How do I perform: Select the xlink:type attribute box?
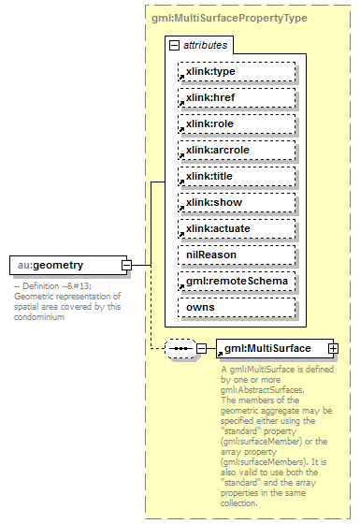click(x=237, y=71)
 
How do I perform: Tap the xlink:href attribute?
click(x=237, y=97)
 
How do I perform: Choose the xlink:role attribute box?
click(x=237, y=124)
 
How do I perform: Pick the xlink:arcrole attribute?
click(x=237, y=150)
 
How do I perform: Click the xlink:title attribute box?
click(x=237, y=176)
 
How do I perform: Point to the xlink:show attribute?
click(x=237, y=202)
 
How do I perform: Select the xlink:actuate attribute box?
click(x=237, y=228)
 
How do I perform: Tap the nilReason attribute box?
click(x=237, y=254)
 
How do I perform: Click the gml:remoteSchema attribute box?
click(x=237, y=280)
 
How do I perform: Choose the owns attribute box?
click(x=237, y=306)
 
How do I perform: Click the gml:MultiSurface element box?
click(x=270, y=348)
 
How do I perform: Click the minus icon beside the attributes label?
click(x=174, y=45)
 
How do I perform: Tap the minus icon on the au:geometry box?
click(x=126, y=266)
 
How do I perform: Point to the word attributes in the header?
click(x=204, y=45)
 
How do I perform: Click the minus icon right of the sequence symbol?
click(x=200, y=349)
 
